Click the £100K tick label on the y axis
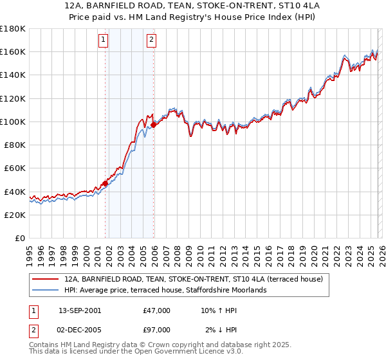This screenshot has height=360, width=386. coord(12,122)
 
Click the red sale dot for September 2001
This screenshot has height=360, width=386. coord(105,183)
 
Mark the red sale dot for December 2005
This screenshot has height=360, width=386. coord(154,125)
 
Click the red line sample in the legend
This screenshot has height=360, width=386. coord(45,279)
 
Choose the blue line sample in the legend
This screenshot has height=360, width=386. coord(45,290)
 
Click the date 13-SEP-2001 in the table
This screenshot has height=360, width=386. coord(80,310)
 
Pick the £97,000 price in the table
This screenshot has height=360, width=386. coord(157,330)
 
